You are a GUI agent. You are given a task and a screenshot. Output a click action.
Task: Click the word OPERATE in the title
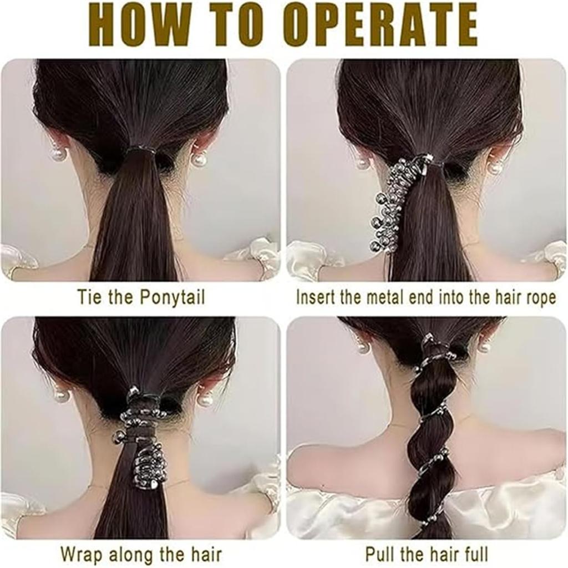coord(379,27)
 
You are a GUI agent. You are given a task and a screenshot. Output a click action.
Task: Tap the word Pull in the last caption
coord(380,554)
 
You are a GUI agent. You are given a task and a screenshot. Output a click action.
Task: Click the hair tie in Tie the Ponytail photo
coord(141,149)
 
